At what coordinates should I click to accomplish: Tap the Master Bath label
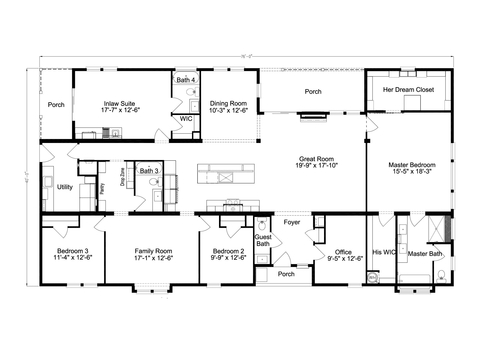point(425,254)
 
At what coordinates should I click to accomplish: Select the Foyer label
point(291,222)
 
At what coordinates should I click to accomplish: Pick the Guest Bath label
point(263,240)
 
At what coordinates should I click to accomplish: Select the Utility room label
point(63,187)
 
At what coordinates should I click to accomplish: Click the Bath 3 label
point(148,171)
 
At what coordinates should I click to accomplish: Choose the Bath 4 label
point(186,79)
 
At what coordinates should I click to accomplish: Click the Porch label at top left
point(56,103)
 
